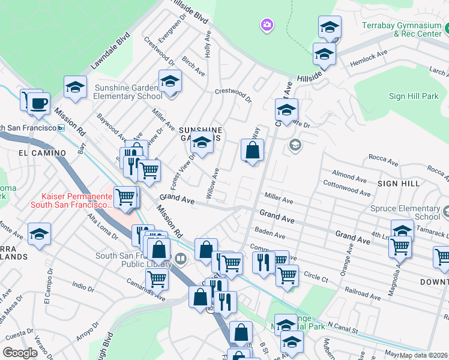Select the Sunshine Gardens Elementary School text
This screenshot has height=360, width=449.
click(128, 91)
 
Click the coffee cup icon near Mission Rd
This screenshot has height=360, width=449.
click(40, 103)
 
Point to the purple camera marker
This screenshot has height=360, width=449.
click(267, 25)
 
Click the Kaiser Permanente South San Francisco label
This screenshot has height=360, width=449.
click(76, 200)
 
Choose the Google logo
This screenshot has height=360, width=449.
click(20, 353)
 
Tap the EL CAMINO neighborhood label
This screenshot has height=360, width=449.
click(42, 153)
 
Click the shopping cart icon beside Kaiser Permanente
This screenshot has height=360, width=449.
click(126, 196)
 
